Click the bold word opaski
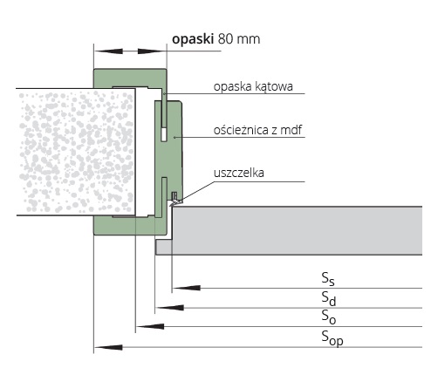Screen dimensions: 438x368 pos(193,39)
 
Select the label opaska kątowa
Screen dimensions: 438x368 pos(253,86)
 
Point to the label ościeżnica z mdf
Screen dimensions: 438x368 pos(258,130)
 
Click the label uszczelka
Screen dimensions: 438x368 pos(239,173)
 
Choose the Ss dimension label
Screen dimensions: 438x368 pos(328,278)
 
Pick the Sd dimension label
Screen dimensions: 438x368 pos(329,298)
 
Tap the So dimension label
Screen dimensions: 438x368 pos(329,317)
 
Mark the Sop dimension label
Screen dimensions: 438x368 pos(332,337)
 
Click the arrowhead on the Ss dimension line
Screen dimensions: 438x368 pos(186,288)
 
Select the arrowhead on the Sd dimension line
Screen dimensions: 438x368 pos(169,307)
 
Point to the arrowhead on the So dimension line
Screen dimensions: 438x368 pos(150,326)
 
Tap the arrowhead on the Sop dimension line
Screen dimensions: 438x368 pos(108,347)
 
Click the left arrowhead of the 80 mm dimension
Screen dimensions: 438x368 pos(109,51)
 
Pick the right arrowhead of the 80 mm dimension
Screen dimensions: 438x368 pos(151,51)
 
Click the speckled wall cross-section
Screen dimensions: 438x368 pos(76,152)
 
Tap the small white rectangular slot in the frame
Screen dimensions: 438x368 pos(164,134)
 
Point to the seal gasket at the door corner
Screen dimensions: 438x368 pos(175,199)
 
